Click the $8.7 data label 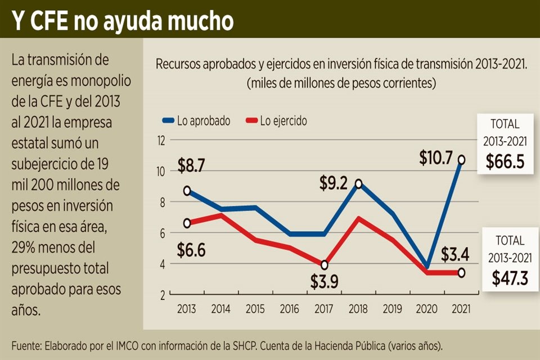click(x=192, y=165)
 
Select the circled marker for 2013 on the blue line click(x=187, y=191)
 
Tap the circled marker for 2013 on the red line click(x=187, y=223)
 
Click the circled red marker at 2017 click(x=324, y=265)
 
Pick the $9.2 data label click(x=334, y=183)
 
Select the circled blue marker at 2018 click(x=358, y=183)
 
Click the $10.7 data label click(x=435, y=159)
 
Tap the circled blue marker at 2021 click(x=461, y=160)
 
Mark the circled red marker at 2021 click(x=461, y=273)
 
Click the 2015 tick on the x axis click(x=255, y=309)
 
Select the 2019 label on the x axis click(x=393, y=309)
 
